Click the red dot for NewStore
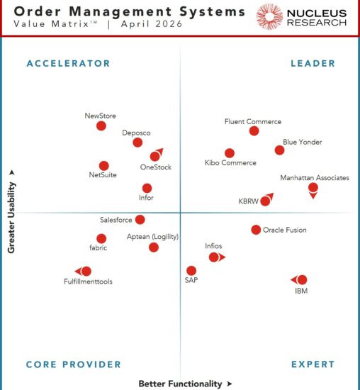click(101, 126)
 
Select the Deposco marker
click(137, 143)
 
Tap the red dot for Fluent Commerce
click(254, 130)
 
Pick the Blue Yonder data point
click(279, 150)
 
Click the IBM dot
click(303, 279)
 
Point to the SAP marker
click(191, 270)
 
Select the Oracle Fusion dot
click(256, 229)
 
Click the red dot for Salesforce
click(140, 220)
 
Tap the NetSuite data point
click(104, 165)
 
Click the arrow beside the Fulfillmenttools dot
click(78, 271)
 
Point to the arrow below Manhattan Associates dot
click(313, 196)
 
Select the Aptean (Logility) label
click(152, 236)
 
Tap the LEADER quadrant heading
click(313, 63)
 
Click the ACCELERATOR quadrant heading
click(68, 63)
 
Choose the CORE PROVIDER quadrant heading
click(74, 364)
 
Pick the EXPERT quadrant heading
click(313, 364)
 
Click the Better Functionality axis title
click(180, 384)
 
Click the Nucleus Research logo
click(303, 17)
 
